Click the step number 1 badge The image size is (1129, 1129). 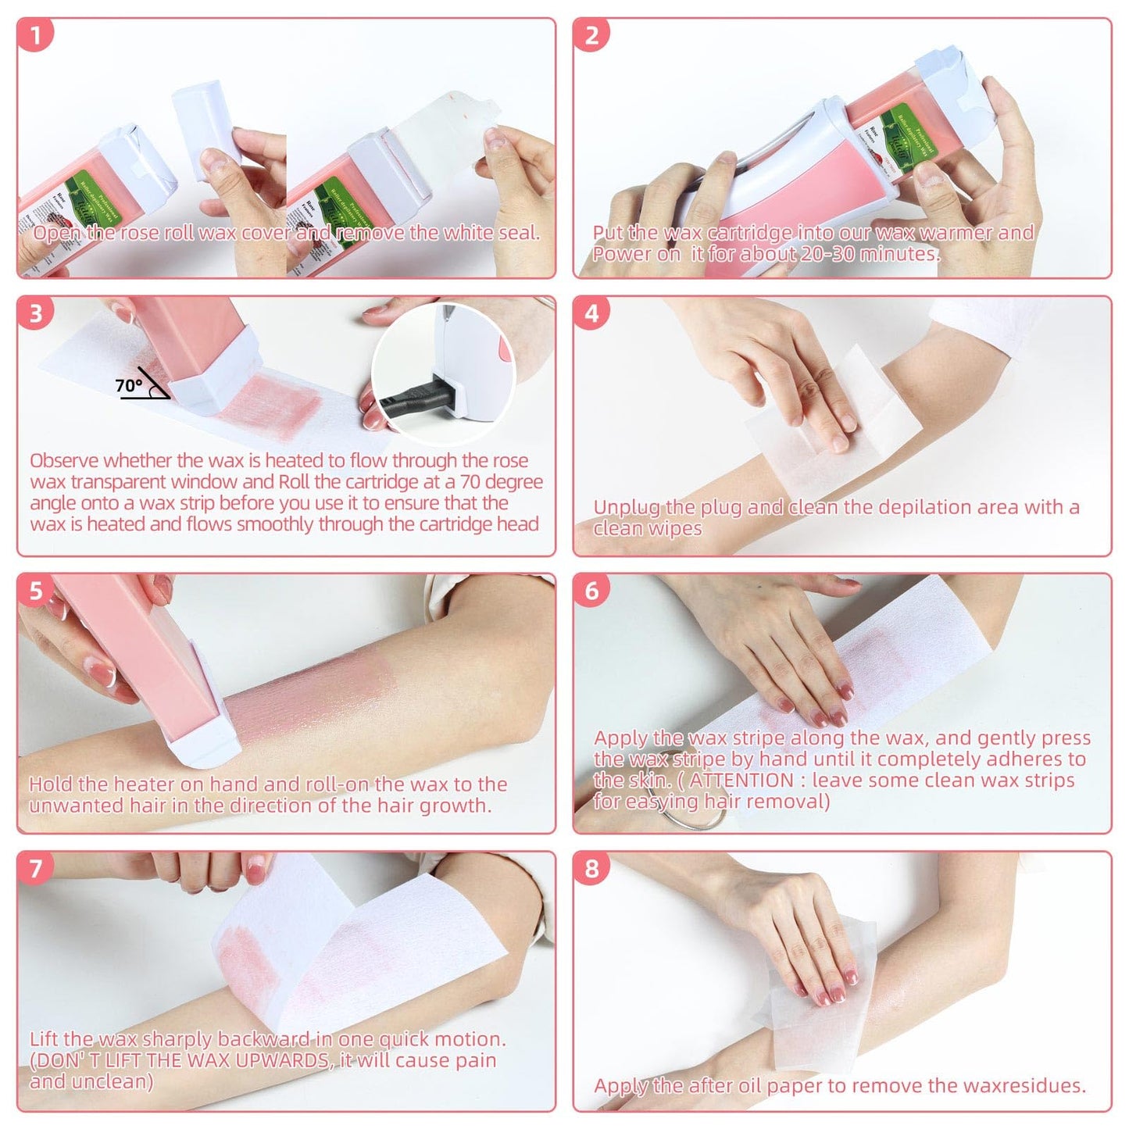tap(36, 35)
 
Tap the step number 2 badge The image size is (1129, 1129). tap(591, 35)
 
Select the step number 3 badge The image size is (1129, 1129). tap(36, 313)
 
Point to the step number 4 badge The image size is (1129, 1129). tap(591, 313)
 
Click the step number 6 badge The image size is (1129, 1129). tap(591, 591)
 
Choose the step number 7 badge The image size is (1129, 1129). tap(36, 868)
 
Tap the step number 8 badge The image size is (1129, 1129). tap(591, 868)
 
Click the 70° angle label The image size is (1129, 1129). tap(129, 385)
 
